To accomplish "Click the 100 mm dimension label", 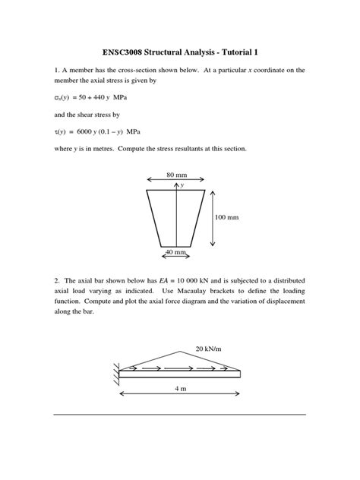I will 226,216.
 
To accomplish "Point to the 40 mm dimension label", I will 177,251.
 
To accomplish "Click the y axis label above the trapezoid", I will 183,184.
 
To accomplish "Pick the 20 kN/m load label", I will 207,349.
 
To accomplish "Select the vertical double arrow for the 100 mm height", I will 212,217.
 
